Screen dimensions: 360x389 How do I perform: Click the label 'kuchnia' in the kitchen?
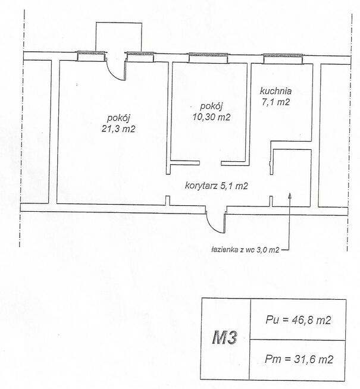pos(276,91)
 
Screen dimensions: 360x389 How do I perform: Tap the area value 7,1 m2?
pos(276,102)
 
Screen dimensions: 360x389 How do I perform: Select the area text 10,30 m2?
pos(211,117)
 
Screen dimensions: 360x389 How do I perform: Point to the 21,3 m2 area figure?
pos(118,128)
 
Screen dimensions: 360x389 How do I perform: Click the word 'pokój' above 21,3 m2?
pos(118,118)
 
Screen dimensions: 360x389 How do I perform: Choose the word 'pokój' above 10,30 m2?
pos(211,106)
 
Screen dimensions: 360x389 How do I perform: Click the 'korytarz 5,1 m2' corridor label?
pos(217,186)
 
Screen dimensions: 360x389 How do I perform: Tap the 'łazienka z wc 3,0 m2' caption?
pos(246,250)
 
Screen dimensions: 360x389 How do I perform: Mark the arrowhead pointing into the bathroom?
pos(290,196)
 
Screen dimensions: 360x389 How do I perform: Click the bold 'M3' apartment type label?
pos(225,338)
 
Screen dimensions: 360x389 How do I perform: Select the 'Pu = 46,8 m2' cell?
pos(298,320)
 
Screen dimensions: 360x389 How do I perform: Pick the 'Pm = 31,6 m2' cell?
pos(298,360)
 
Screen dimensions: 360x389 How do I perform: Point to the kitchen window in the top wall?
pos(283,59)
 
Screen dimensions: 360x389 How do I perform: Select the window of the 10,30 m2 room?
pos(208,58)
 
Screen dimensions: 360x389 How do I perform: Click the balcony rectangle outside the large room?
pos(119,37)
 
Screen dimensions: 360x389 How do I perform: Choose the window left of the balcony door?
pos(90,56)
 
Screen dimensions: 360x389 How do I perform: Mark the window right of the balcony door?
pos(140,57)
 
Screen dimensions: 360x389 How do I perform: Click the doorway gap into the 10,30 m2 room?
pos(211,163)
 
